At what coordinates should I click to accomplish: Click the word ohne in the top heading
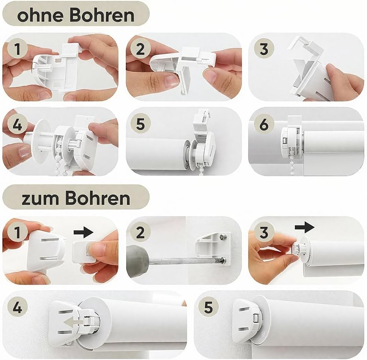pos(40,15)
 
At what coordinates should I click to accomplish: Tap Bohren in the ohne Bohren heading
pos(102,15)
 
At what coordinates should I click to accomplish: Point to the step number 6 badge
pos(264,124)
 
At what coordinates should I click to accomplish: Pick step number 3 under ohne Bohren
pos(264,49)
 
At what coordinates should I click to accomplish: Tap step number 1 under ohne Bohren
pos(17,49)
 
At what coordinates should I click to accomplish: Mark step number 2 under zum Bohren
pos(140,232)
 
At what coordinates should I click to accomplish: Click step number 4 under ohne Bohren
pos(17,124)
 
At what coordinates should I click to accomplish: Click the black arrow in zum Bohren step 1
pos(84,232)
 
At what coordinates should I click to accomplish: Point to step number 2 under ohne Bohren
pos(140,49)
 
